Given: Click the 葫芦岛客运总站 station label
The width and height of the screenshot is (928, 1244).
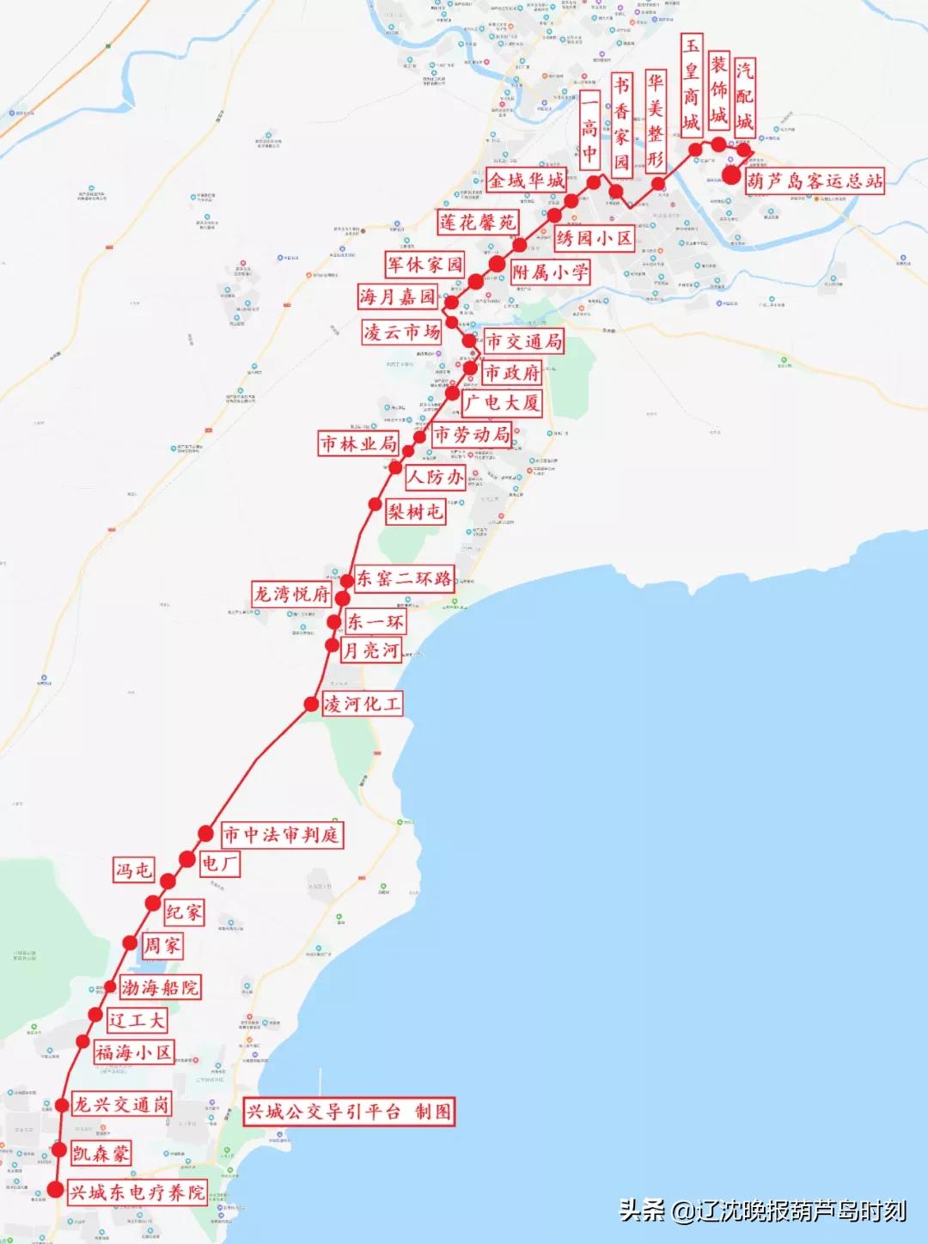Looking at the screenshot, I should point(814,181).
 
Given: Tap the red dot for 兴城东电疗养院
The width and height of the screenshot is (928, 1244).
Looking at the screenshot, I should point(55,1190).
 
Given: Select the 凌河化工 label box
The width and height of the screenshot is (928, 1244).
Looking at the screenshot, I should point(362,704).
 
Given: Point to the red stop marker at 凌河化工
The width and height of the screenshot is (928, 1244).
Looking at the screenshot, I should point(311,704).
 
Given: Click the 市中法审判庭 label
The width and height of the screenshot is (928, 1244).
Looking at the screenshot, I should point(281,834).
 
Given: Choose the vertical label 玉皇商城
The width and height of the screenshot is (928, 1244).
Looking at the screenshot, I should point(691,84).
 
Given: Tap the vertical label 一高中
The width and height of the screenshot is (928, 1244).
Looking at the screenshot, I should point(589,130).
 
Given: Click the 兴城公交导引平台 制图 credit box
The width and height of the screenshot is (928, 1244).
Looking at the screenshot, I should point(349,1112).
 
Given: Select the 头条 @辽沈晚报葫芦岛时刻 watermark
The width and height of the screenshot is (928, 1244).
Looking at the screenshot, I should point(762,1210).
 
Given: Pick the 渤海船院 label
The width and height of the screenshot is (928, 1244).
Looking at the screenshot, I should point(160,988).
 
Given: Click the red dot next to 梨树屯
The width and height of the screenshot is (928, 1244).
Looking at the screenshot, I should point(375,504).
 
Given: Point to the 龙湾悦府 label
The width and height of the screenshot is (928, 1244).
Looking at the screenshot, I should point(291,594).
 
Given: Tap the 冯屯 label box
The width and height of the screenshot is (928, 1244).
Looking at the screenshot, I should point(134,870).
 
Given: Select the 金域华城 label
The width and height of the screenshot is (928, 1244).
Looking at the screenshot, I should point(526,180).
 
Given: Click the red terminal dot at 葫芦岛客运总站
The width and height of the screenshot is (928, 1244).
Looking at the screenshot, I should point(732,176).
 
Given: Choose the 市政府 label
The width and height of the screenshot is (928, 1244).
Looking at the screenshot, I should point(511,373).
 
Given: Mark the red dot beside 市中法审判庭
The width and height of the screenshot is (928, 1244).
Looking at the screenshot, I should point(205,832).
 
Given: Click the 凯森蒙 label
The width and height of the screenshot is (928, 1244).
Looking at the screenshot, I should point(101,1153).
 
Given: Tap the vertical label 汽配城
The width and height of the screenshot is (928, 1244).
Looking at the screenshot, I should point(744,96).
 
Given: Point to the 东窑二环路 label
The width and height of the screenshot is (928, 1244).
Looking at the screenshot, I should point(404,579).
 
